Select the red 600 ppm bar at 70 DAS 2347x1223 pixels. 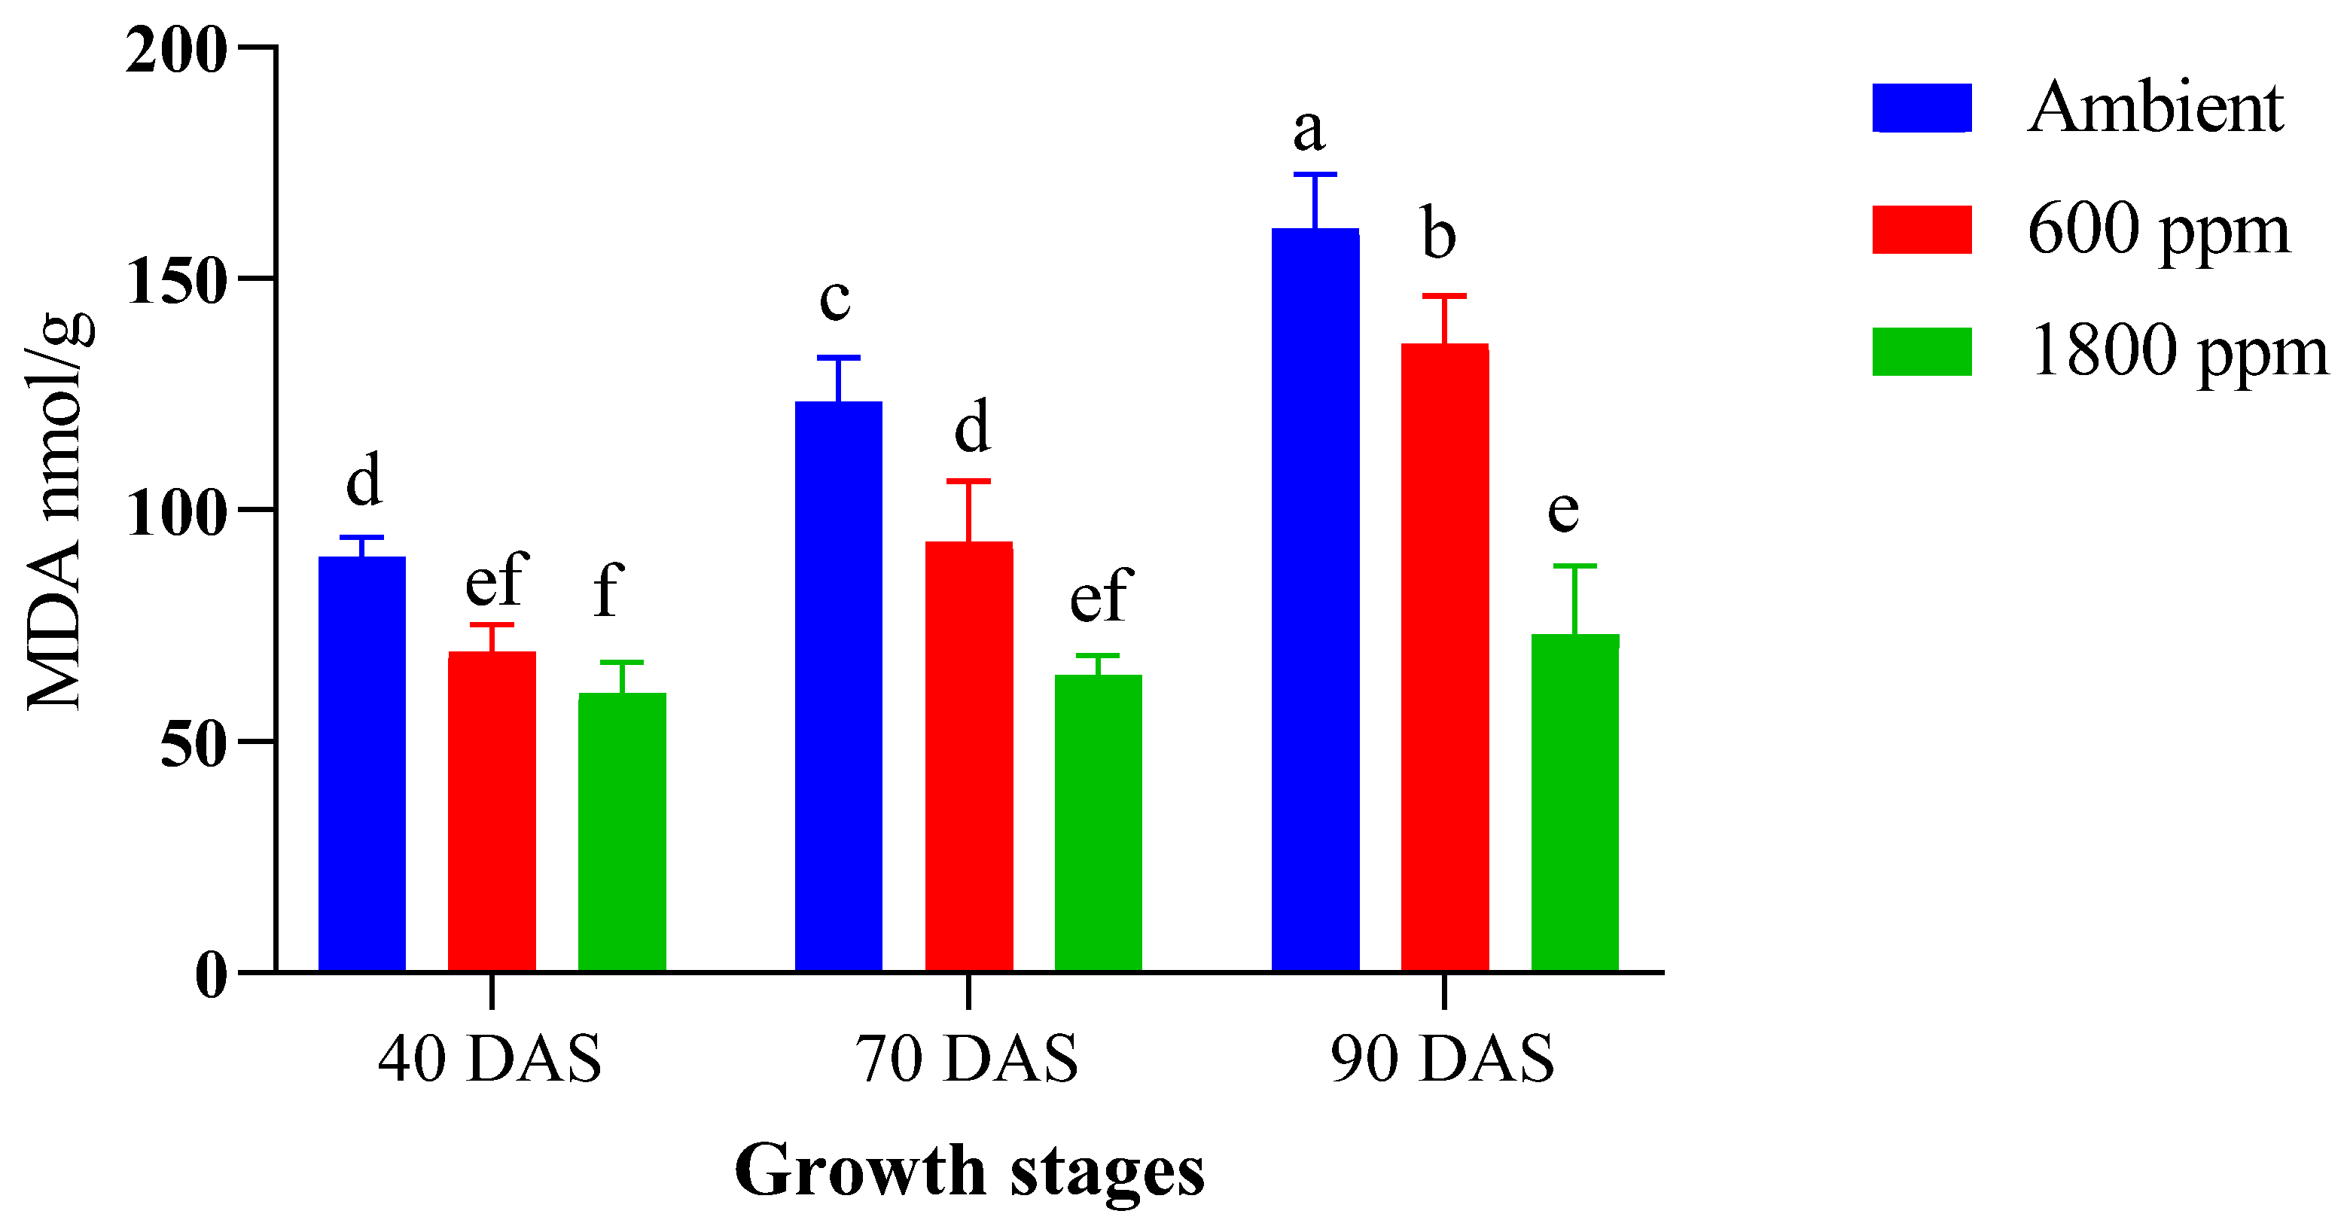[x=968, y=756]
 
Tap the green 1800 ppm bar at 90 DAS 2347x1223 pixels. [x=1574, y=802]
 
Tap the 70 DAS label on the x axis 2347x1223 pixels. [x=967, y=1059]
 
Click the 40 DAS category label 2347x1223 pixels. [x=490, y=1059]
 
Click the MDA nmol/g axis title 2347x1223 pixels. [x=56, y=511]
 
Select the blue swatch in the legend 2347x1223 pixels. [x=1922, y=108]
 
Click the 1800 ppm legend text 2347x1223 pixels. [x=2178, y=352]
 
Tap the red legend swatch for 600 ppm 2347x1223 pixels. [x=1922, y=230]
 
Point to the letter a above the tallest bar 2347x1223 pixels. [x=1309, y=130]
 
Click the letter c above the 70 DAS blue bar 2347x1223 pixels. [x=834, y=299]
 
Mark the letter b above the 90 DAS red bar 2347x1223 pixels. [x=1439, y=235]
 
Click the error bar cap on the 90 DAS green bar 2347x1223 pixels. [x=1574, y=566]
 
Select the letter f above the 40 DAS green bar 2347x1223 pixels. [x=608, y=590]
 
